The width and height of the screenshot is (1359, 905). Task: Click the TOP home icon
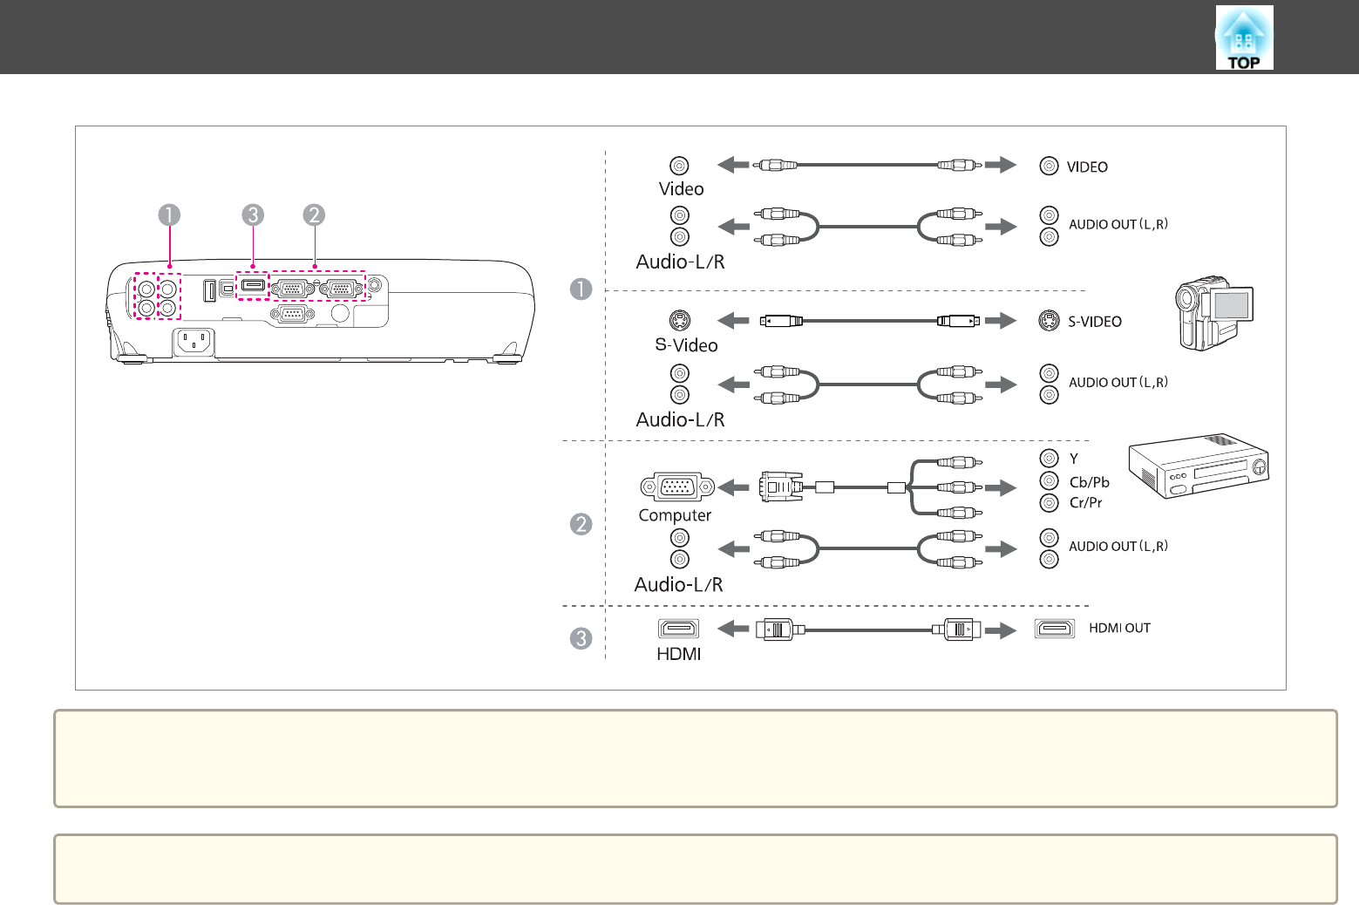click(x=1244, y=37)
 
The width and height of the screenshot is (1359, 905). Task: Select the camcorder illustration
click(x=1214, y=313)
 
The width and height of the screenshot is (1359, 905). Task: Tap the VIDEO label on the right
click(x=1087, y=167)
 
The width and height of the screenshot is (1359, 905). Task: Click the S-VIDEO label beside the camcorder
click(x=1095, y=322)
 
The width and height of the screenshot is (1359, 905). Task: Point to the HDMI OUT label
click(x=1119, y=628)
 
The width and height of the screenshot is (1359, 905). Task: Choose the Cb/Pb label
click(x=1089, y=482)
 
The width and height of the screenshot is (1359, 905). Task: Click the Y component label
click(x=1073, y=459)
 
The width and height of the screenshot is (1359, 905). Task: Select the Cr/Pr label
click(x=1085, y=502)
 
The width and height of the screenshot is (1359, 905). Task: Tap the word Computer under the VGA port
click(x=675, y=515)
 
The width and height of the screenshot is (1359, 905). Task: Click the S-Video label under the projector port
click(x=686, y=345)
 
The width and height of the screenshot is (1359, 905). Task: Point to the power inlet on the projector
click(x=194, y=343)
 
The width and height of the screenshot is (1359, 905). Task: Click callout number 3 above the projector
click(x=253, y=214)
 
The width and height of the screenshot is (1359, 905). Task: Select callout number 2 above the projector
click(x=314, y=214)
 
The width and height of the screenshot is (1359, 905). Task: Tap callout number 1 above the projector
click(x=169, y=214)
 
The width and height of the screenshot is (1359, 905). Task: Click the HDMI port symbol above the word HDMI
click(x=678, y=629)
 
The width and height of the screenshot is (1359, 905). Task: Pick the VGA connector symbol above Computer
click(x=677, y=487)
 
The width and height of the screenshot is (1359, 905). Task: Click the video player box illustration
click(x=1199, y=466)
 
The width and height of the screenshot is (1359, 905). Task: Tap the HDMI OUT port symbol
click(x=1055, y=629)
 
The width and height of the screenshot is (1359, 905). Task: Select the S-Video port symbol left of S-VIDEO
click(x=1049, y=321)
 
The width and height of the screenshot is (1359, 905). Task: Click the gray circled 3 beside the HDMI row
click(x=581, y=638)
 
